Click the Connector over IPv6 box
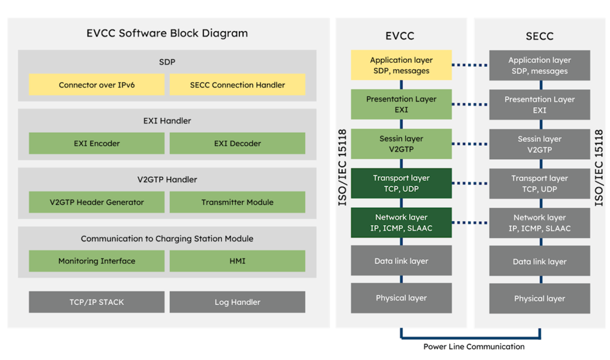click(x=97, y=85)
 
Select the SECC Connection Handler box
click(x=237, y=85)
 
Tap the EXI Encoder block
click(x=97, y=143)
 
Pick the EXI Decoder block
click(x=237, y=143)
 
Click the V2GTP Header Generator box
click(x=97, y=202)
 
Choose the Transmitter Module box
click(x=237, y=202)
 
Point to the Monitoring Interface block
click(x=97, y=261)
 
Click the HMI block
click(x=237, y=261)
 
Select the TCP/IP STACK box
click(x=97, y=302)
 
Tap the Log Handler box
click(x=237, y=302)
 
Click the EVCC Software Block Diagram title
click(x=167, y=33)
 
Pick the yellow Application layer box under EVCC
click(x=401, y=66)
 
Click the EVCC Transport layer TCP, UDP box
click(x=401, y=183)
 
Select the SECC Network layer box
click(x=539, y=223)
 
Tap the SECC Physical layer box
click(x=539, y=299)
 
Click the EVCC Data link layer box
click(x=401, y=261)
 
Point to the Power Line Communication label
click(x=474, y=347)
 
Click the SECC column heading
click(x=539, y=36)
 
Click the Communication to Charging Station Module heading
click(x=167, y=238)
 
